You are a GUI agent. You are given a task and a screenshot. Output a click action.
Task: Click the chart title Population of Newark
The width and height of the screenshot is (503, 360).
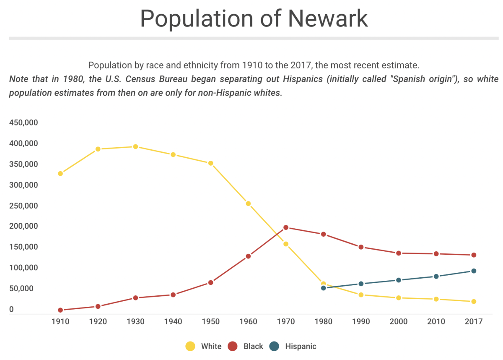pyautogui.click(x=254, y=18)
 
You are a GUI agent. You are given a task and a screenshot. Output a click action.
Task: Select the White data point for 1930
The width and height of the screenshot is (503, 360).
pyautogui.click(x=135, y=146)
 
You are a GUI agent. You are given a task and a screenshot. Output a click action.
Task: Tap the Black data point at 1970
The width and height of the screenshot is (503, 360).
pyautogui.click(x=286, y=227)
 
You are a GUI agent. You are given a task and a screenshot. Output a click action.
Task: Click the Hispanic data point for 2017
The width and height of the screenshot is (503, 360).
pyautogui.click(x=474, y=271)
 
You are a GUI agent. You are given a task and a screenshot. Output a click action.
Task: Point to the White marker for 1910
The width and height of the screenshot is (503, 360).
pyautogui.click(x=60, y=173)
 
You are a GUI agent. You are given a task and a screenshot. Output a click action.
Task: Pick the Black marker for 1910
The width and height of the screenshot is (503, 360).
pyautogui.click(x=60, y=310)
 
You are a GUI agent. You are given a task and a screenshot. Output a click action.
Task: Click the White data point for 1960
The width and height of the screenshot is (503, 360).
pyautogui.click(x=248, y=203)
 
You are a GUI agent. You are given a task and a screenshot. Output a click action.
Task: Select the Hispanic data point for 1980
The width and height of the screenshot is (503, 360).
pyautogui.click(x=323, y=288)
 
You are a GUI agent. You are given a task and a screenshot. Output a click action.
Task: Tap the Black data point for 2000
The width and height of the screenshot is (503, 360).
pyautogui.click(x=398, y=253)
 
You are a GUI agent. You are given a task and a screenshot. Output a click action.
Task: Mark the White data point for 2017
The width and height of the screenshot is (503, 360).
pyautogui.click(x=474, y=301)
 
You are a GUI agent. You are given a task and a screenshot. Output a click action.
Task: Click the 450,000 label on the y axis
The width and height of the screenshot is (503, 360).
pyautogui.click(x=23, y=123)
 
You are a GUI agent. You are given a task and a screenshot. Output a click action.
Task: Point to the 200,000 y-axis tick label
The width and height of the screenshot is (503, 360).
pyautogui.click(x=23, y=226)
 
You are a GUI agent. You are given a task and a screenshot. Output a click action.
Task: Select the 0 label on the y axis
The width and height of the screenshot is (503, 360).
pyautogui.click(x=12, y=310)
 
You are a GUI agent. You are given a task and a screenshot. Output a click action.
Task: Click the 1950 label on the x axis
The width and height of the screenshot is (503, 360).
pyautogui.click(x=210, y=322)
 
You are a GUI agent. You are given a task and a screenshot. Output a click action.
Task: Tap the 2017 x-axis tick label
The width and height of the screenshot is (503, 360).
pyautogui.click(x=473, y=322)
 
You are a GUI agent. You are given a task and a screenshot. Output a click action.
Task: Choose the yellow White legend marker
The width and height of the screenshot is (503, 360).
pyautogui.click(x=190, y=346)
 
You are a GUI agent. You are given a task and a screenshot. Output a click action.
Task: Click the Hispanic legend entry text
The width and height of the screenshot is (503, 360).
pyautogui.click(x=301, y=346)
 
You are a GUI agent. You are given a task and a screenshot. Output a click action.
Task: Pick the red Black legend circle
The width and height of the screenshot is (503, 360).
pyautogui.click(x=233, y=346)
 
